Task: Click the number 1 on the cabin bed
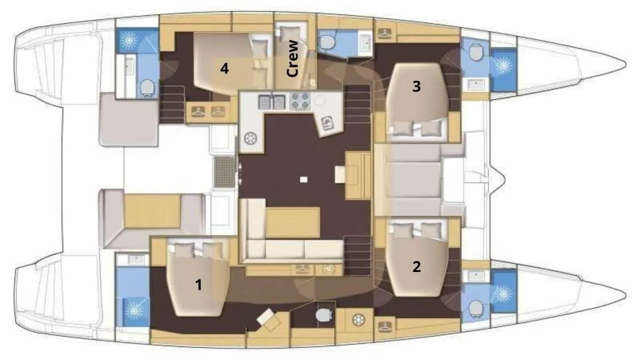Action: tap(198, 285)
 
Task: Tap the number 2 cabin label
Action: tap(417, 267)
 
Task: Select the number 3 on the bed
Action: tap(417, 86)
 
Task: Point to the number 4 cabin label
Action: tap(225, 69)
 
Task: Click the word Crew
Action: tap(292, 58)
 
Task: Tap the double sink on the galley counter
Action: tap(271, 102)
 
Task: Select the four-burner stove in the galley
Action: tap(300, 101)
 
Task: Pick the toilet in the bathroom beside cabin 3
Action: tap(475, 52)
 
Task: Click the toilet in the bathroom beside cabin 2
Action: tap(475, 309)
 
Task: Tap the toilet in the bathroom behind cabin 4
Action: tap(147, 87)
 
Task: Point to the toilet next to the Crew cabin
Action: tap(326, 43)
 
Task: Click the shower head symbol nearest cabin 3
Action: tap(503, 66)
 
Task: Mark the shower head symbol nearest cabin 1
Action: tap(134, 310)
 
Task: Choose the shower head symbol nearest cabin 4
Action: tap(129, 40)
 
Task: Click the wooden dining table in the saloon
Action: tap(292, 222)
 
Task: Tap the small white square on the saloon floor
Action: tap(303, 179)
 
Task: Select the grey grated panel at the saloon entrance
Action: tap(225, 172)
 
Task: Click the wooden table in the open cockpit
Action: tap(153, 211)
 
